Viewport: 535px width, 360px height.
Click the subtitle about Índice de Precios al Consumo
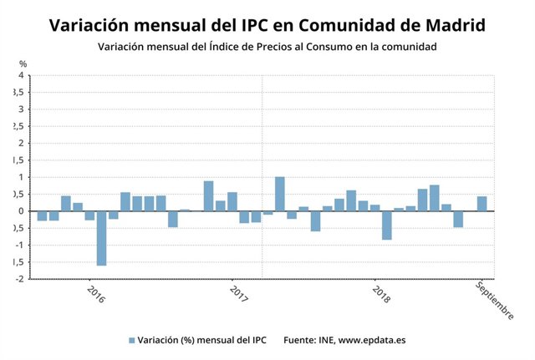(x=267, y=47)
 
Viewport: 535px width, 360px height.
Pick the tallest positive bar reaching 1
(x=280, y=194)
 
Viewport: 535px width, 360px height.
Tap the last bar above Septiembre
(x=482, y=203)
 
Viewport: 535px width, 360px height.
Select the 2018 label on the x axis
(x=380, y=296)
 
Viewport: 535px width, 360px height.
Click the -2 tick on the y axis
(x=18, y=279)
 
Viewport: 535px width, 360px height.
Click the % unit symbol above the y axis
(x=23, y=63)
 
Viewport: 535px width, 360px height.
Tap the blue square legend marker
(x=131, y=340)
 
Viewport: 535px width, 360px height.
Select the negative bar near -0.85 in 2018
(x=387, y=225)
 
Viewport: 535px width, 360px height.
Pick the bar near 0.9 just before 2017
(x=208, y=195)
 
